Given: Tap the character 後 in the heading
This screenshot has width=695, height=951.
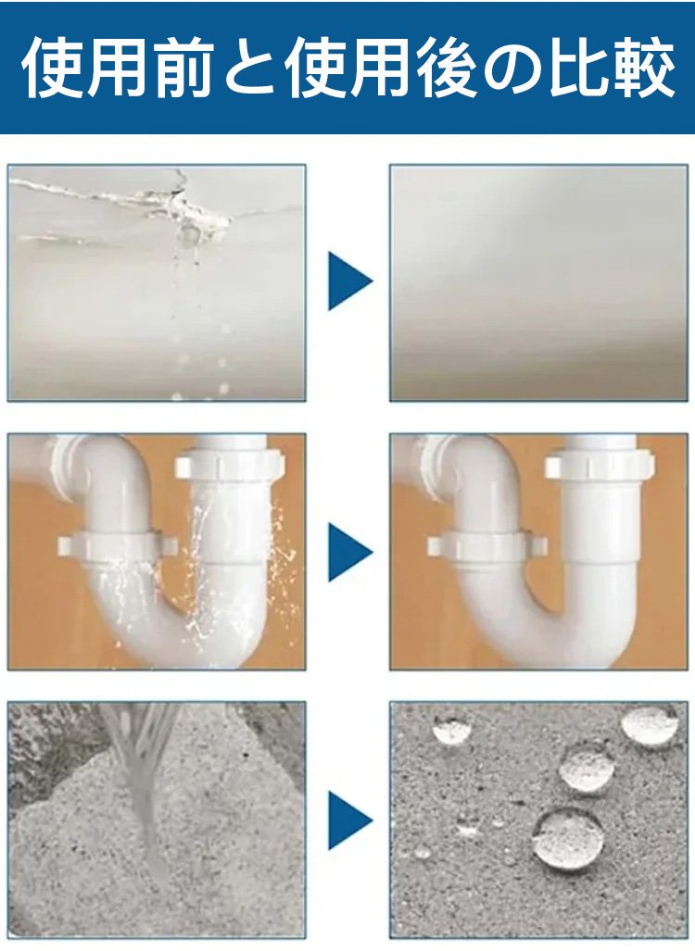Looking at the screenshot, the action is click(443, 69).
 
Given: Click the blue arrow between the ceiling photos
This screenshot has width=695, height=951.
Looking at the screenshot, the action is click(350, 282).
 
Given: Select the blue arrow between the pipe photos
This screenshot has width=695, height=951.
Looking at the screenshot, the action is click(350, 552).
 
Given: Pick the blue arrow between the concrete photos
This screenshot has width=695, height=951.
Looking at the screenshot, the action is click(350, 820).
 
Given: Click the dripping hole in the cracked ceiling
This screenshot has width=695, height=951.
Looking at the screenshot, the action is click(189, 232).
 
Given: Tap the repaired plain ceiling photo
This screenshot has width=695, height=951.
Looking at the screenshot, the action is click(538, 282).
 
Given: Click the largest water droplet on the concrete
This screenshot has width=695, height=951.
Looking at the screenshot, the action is click(567, 839).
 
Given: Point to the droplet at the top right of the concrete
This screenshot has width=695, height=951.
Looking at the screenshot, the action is click(651, 726).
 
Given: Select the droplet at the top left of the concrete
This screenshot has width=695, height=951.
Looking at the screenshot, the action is click(451, 730).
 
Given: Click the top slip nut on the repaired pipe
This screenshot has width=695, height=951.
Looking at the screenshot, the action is click(600, 466).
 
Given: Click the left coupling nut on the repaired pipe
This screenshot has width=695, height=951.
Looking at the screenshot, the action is click(486, 545).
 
